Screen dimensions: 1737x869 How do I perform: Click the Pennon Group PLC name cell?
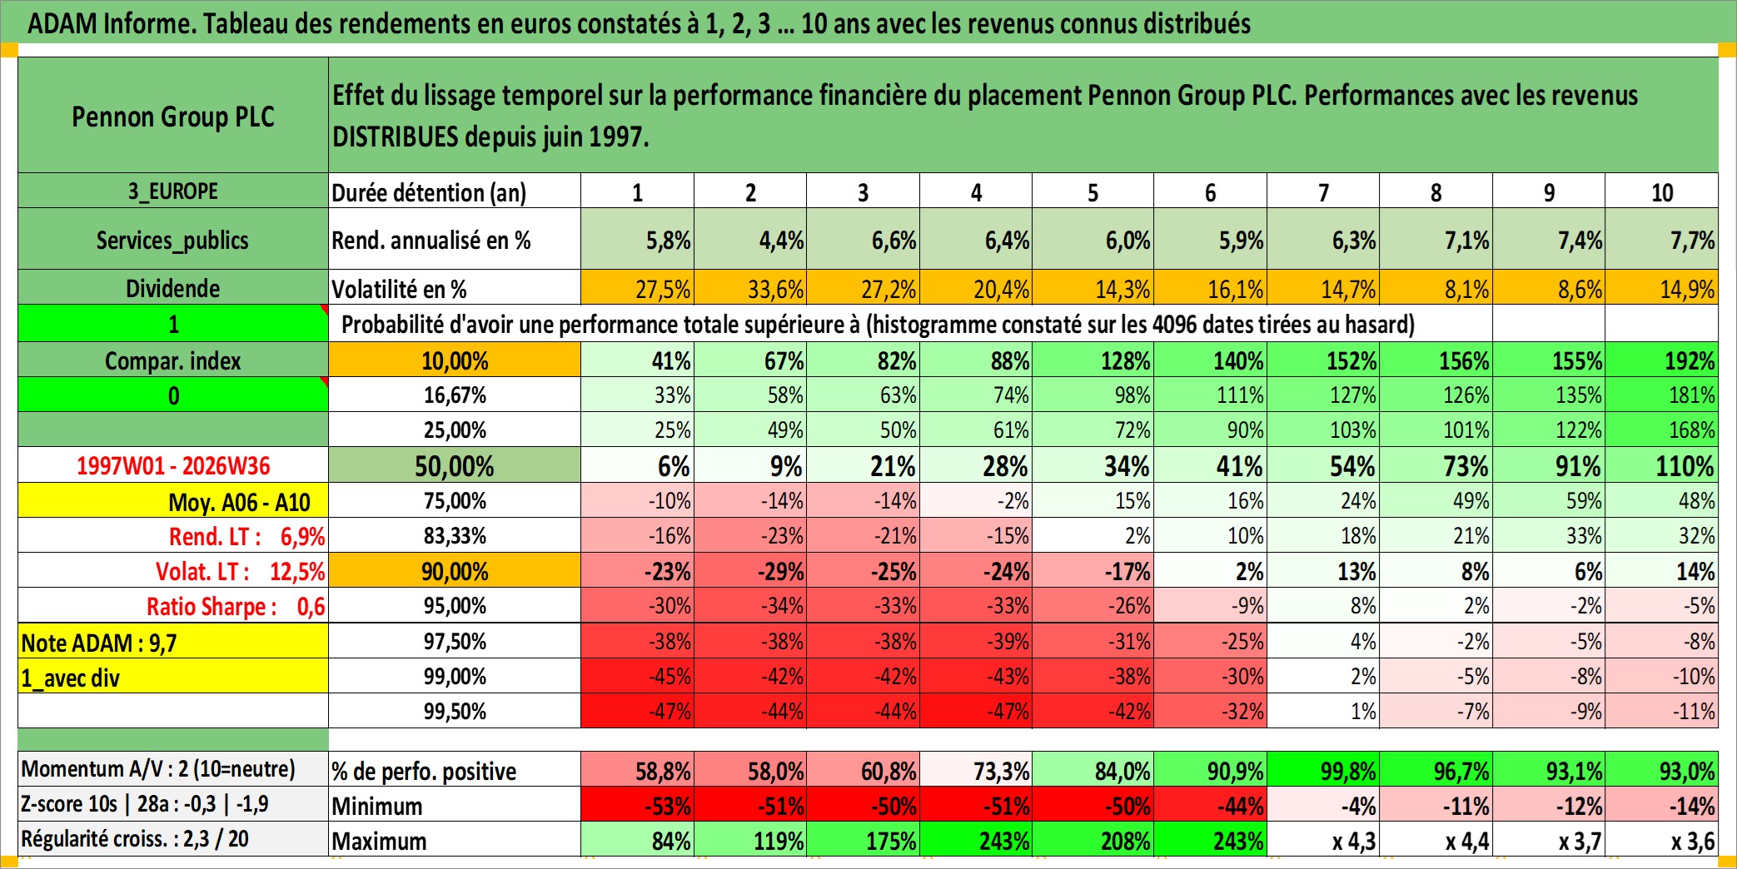pos(173,116)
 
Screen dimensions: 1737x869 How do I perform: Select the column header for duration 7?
pos(1323,191)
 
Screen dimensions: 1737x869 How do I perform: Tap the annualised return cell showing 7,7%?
pos(1661,240)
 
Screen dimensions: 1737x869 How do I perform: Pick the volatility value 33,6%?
pos(750,288)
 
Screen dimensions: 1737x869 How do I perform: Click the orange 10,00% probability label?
pos(455,360)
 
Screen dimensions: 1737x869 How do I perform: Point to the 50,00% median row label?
pos(455,465)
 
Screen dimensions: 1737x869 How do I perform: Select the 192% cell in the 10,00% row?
pos(1661,360)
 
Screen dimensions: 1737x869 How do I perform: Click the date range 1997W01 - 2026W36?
pos(173,465)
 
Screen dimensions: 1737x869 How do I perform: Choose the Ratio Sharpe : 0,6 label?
pos(236,606)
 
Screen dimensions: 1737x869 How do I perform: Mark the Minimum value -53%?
pos(637,805)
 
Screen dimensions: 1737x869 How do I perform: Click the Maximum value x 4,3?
pos(1323,840)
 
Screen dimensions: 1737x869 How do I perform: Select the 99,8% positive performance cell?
pos(1323,770)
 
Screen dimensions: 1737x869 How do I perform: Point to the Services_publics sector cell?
pos(173,240)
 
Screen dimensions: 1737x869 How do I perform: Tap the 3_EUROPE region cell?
pos(173,191)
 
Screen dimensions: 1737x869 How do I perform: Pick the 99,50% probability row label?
pos(455,711)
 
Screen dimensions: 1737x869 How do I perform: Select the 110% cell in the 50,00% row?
pos(1661,465)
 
